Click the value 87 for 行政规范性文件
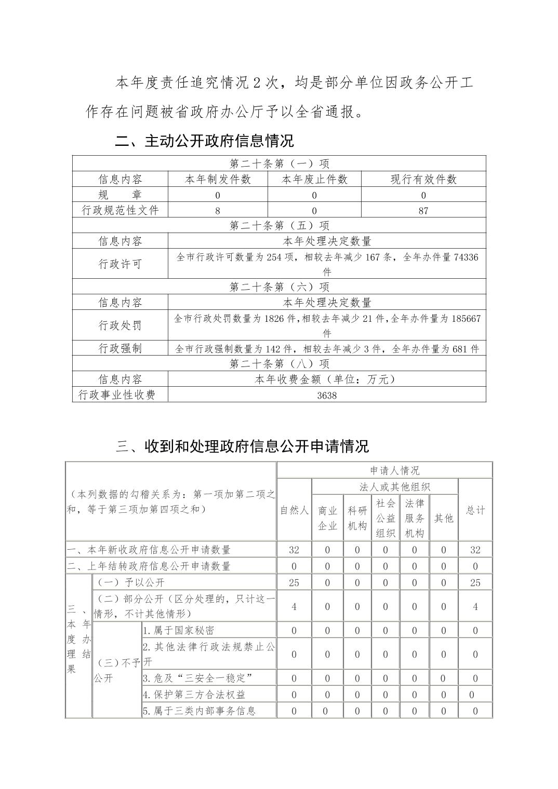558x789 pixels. click(x=423, y=211)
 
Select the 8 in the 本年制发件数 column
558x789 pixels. click(x=218, y=211)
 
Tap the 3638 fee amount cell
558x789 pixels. click(x=327, y=396)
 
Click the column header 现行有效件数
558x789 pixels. click(x=423, y=180)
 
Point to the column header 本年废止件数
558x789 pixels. click(x=314, y=180)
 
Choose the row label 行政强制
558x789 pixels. click(x=120, y=348)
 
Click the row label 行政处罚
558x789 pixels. click(x=120, y=325)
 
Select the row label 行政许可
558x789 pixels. click(x=120, y=264)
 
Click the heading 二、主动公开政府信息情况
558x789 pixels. click(x=205, y=141)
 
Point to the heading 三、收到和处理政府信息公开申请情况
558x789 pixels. click(x=242, y=446)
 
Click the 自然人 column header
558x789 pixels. click(x=294, y=510)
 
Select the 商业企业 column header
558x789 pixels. click(x=327, y=518)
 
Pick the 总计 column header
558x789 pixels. click(x=475, y=510)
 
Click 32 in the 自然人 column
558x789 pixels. click(x=294, y=550)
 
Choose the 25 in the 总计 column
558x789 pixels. click(x=475, y=582)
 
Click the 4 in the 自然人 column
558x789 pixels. click(x=294, y=606)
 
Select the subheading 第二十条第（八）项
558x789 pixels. click(x=279, y=364)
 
